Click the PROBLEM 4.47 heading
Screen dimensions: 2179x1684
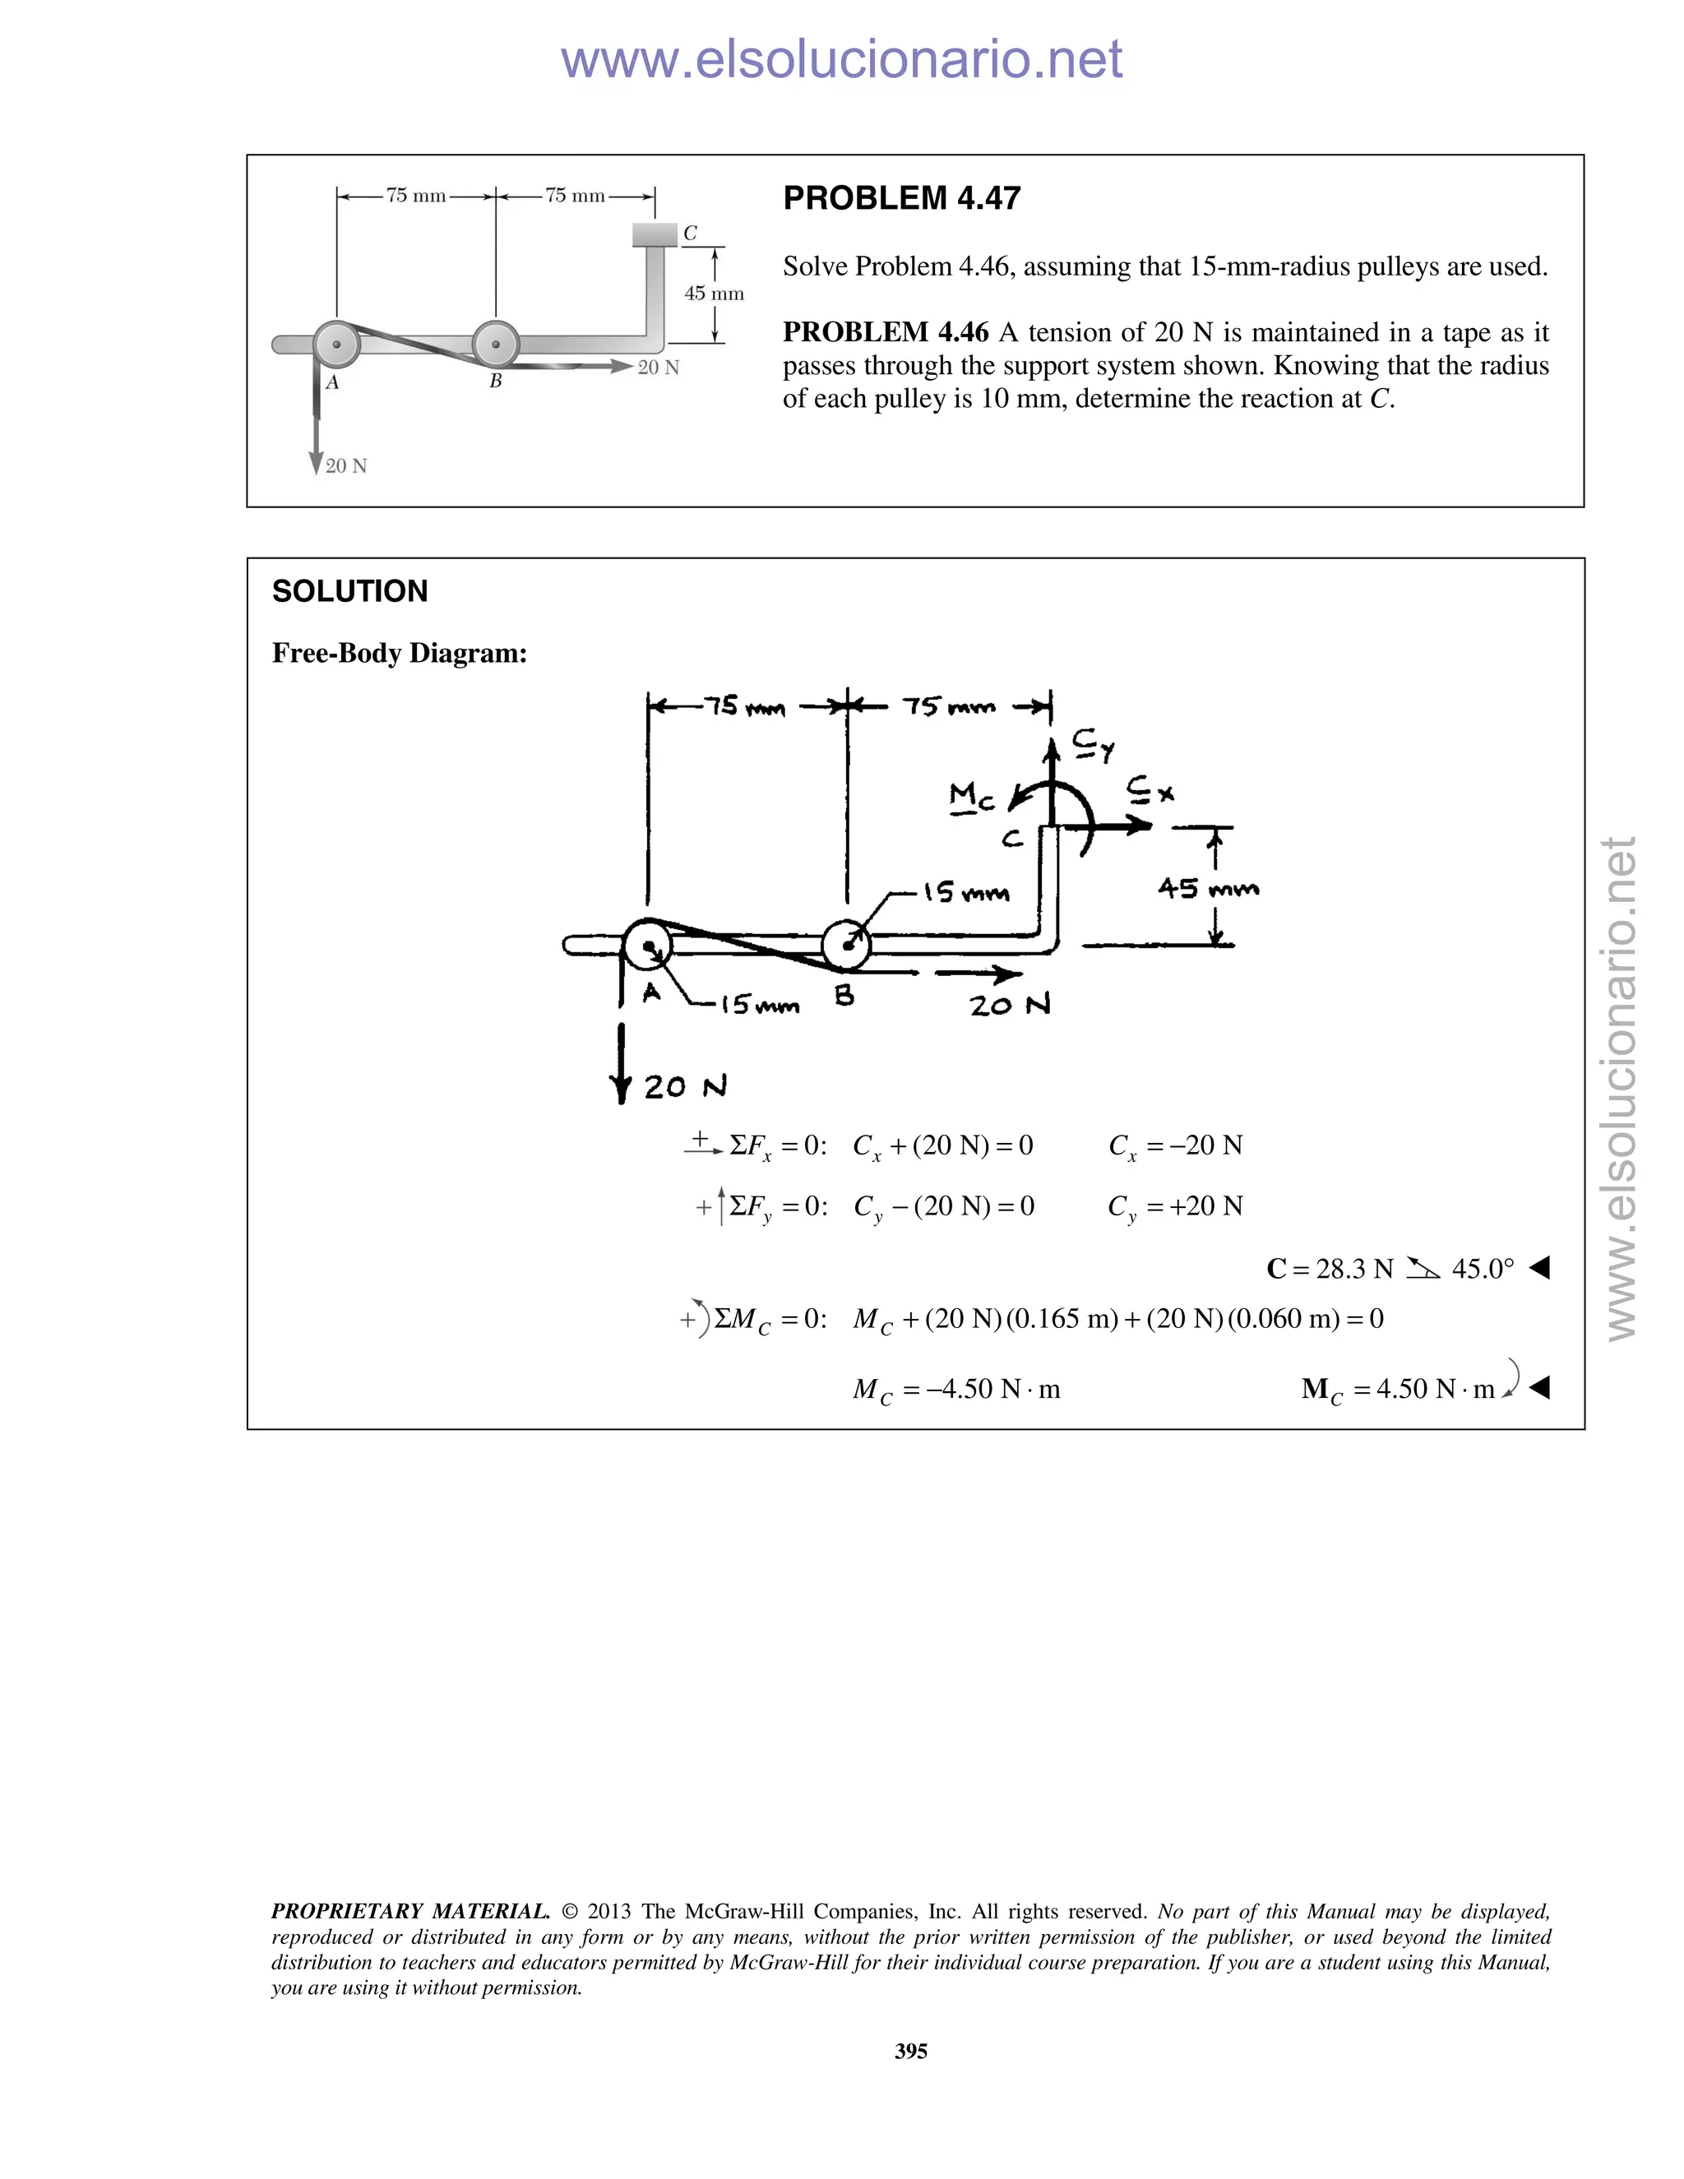pyautogui.click(x=901, y=197)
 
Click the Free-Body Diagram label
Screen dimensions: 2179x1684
pyautogui.click(x=399, y=653)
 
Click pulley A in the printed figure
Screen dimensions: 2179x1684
pyautogui.click(x=337, y=345)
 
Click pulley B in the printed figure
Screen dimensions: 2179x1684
pyautogui.click(x=495, y=345)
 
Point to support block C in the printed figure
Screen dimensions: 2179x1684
pyautogui.click(x=655, y=234)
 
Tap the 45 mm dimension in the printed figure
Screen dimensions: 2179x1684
pyautogui.click(x=715, y=294)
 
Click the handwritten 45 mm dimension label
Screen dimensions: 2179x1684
pyautogui.click(x=1208, y=888)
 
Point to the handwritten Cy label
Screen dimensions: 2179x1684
pyautogui.click(x=1094, y=743)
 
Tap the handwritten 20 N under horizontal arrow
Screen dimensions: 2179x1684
pyautogui.click(x=1010, y=1006)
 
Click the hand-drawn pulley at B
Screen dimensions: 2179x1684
pyautogui.click(x=846, y=944)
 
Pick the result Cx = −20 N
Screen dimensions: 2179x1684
pyautogui.click(x=1175, y=1145)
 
